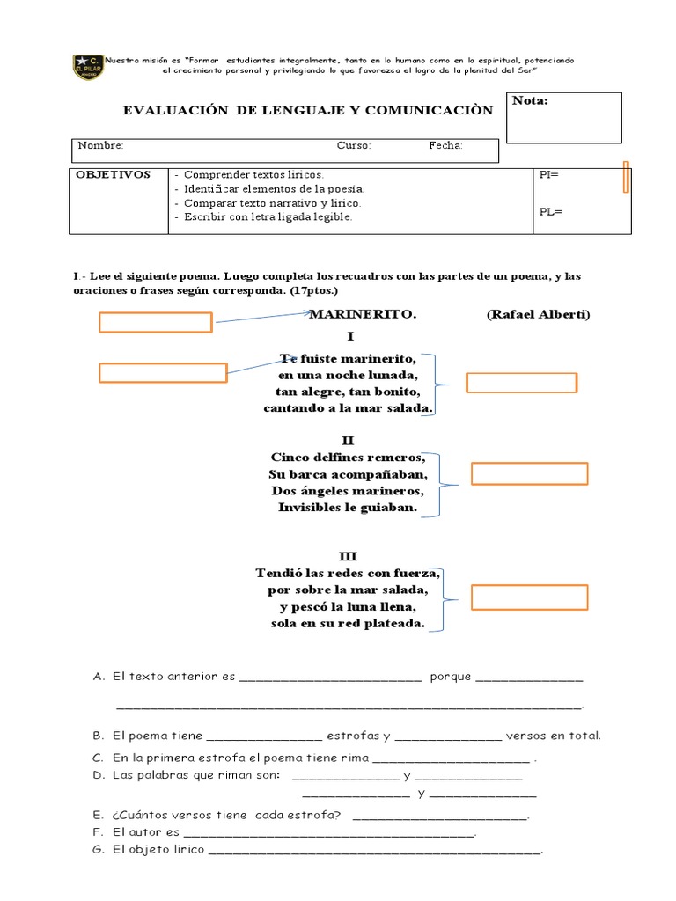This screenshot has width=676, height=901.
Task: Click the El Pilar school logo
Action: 88,67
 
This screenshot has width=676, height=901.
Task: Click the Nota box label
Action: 530,101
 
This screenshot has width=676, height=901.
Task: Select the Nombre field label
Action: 100,146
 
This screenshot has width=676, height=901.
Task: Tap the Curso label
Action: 354,146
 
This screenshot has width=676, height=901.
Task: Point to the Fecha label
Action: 445,146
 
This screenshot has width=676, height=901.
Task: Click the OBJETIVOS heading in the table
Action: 113,175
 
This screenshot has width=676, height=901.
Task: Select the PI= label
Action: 548,175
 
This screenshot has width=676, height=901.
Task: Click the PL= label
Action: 549,212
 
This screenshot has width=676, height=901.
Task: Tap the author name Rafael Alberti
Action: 538,315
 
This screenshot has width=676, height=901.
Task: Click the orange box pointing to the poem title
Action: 155,323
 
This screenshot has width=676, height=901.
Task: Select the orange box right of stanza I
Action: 520,383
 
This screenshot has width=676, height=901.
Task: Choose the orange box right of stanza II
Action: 529,473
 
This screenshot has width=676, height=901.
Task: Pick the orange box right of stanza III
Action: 529,597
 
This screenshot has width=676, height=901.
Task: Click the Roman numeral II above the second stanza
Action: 349,440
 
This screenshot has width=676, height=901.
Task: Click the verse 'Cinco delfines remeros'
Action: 348,458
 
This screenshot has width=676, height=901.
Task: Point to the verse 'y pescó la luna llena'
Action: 348,607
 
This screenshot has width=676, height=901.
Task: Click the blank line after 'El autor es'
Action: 329,832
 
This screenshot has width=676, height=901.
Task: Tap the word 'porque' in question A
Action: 450,677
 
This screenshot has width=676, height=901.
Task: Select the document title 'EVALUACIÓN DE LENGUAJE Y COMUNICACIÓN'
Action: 308,110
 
